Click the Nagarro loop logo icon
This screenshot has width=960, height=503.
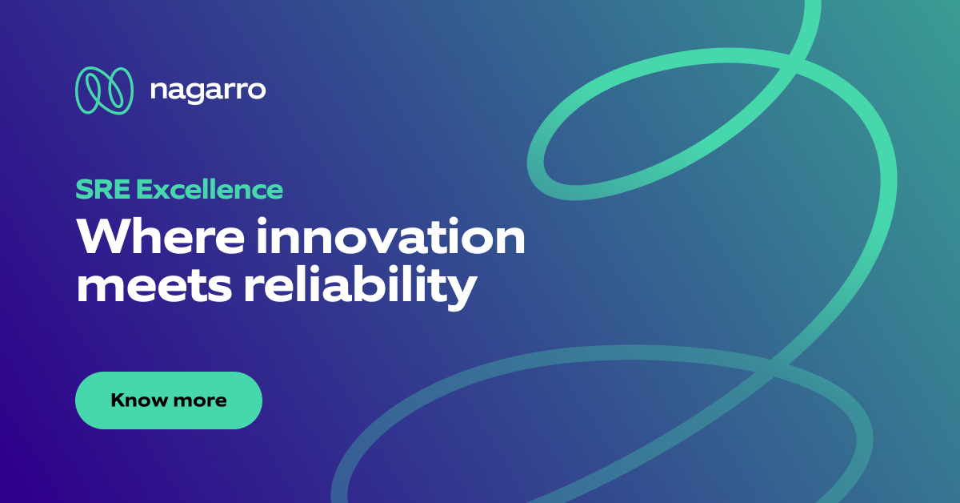click(x=104, y=91)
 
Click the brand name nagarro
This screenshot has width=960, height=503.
click(x=207, y=91)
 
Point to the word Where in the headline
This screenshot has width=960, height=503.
click(x=144, y=238)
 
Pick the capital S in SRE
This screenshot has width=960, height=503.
click(x=83, y=190)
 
